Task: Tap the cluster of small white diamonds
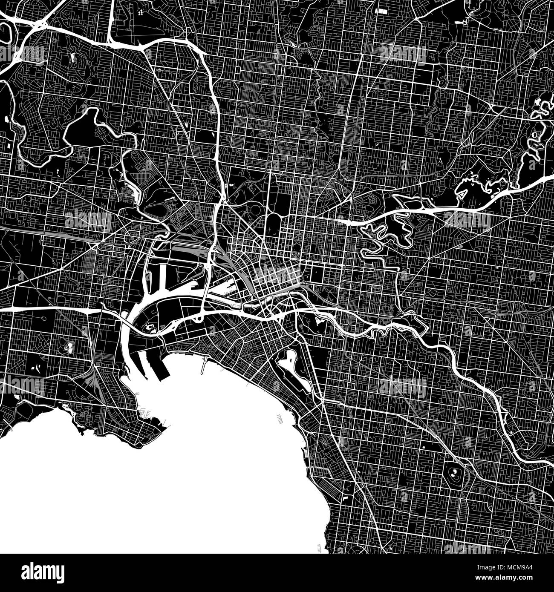coord(141,12)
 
